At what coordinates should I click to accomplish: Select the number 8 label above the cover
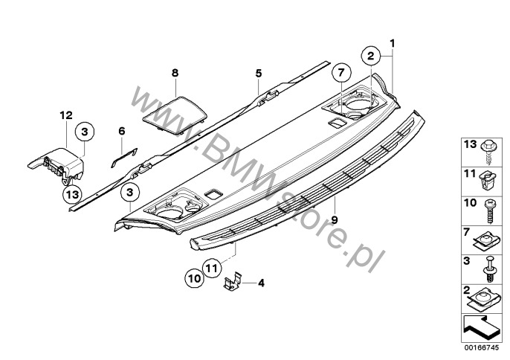tap(175, 73)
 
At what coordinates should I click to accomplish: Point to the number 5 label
tap(258, 73)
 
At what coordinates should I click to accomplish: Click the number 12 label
tap(66, 115)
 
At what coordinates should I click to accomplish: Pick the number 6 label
tap(121, 131)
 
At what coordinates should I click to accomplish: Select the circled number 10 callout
tap(193, 278)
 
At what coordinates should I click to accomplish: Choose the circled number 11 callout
tap(211, 266)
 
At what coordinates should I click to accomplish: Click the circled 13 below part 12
tap(70, 195)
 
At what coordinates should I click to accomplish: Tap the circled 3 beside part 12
tap(84, 132)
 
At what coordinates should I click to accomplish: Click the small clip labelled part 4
tap(235, 282)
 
